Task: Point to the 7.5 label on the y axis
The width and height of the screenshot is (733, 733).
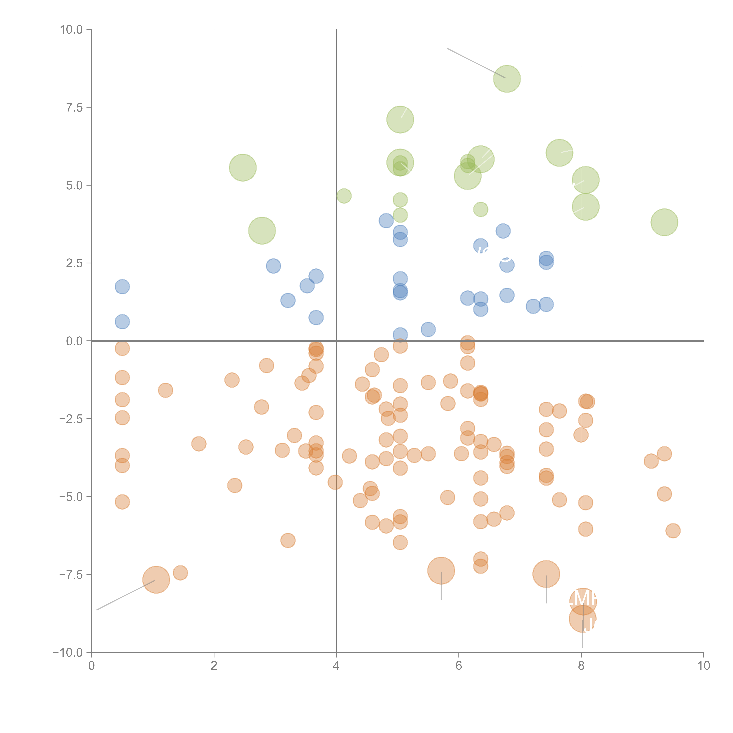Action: (x=74, y=107)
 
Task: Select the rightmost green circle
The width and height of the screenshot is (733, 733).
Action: (x=664, y=222)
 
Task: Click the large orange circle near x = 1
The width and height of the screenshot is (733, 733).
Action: (x=156, y=579)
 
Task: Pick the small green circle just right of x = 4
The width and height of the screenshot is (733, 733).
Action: (x=344, y=196)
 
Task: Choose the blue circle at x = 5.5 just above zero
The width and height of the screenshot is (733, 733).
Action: (x=428, y=329)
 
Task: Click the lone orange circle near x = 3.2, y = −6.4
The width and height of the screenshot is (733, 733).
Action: (x=288, y=540)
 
